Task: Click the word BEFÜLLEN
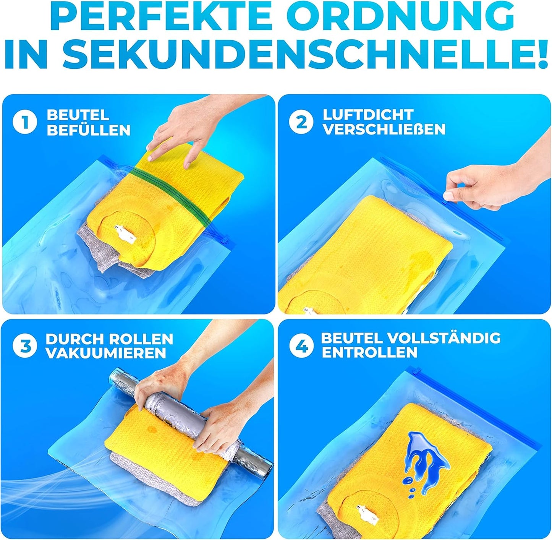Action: click(89, 130)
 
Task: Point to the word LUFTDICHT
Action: click(367, 115)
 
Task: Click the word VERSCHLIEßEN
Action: click(384, 130)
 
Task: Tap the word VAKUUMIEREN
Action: click(106, 353)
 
